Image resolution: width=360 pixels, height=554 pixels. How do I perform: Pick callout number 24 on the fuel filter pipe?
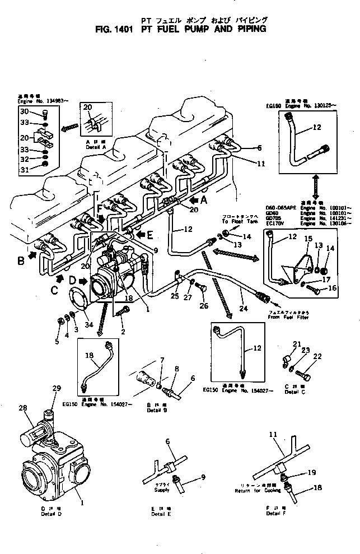tap(242, 308)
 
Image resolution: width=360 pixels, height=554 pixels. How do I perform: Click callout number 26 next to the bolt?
tap(203, 306)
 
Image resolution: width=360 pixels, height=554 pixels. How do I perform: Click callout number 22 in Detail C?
tap(317, 356)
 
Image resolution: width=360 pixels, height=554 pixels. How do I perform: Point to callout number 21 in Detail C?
tap(296, 344)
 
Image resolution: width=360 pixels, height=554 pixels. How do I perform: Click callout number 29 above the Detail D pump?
tap(55, 388)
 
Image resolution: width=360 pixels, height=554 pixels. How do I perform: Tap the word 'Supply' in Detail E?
tap(162, 490)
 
